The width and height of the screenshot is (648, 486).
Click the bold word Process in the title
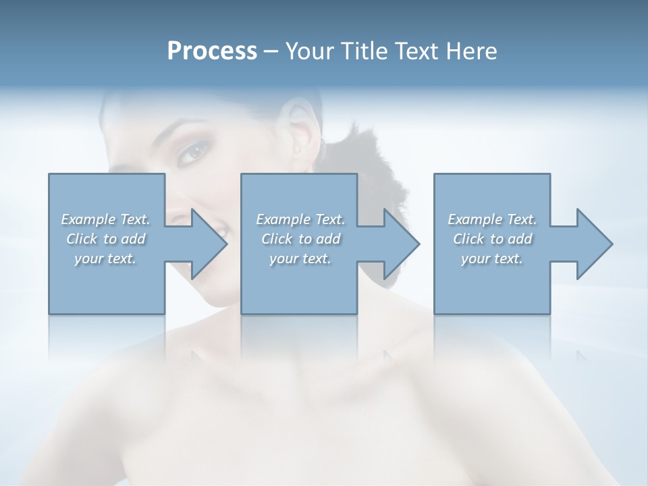coord(212,51)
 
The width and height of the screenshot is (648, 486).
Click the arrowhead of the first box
coord(209,244)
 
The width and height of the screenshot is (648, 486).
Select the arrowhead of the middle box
coord(401,244)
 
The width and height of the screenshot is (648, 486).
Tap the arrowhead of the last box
coord(594,244)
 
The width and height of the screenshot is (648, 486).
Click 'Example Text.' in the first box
coord(105,219)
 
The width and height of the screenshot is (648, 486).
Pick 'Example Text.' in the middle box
coord(300,219)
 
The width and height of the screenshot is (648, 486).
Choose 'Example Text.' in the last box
coord(492,219)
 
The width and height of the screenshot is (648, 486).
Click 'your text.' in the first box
coord(105,259)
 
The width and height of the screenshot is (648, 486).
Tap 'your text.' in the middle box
coord(300,259)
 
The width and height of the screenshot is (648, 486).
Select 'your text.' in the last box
coord(492,259)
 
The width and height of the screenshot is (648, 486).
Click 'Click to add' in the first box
coord(105,239)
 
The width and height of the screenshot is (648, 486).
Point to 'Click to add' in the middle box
coord(300,239)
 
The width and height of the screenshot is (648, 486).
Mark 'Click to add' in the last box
coord(492,239)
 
